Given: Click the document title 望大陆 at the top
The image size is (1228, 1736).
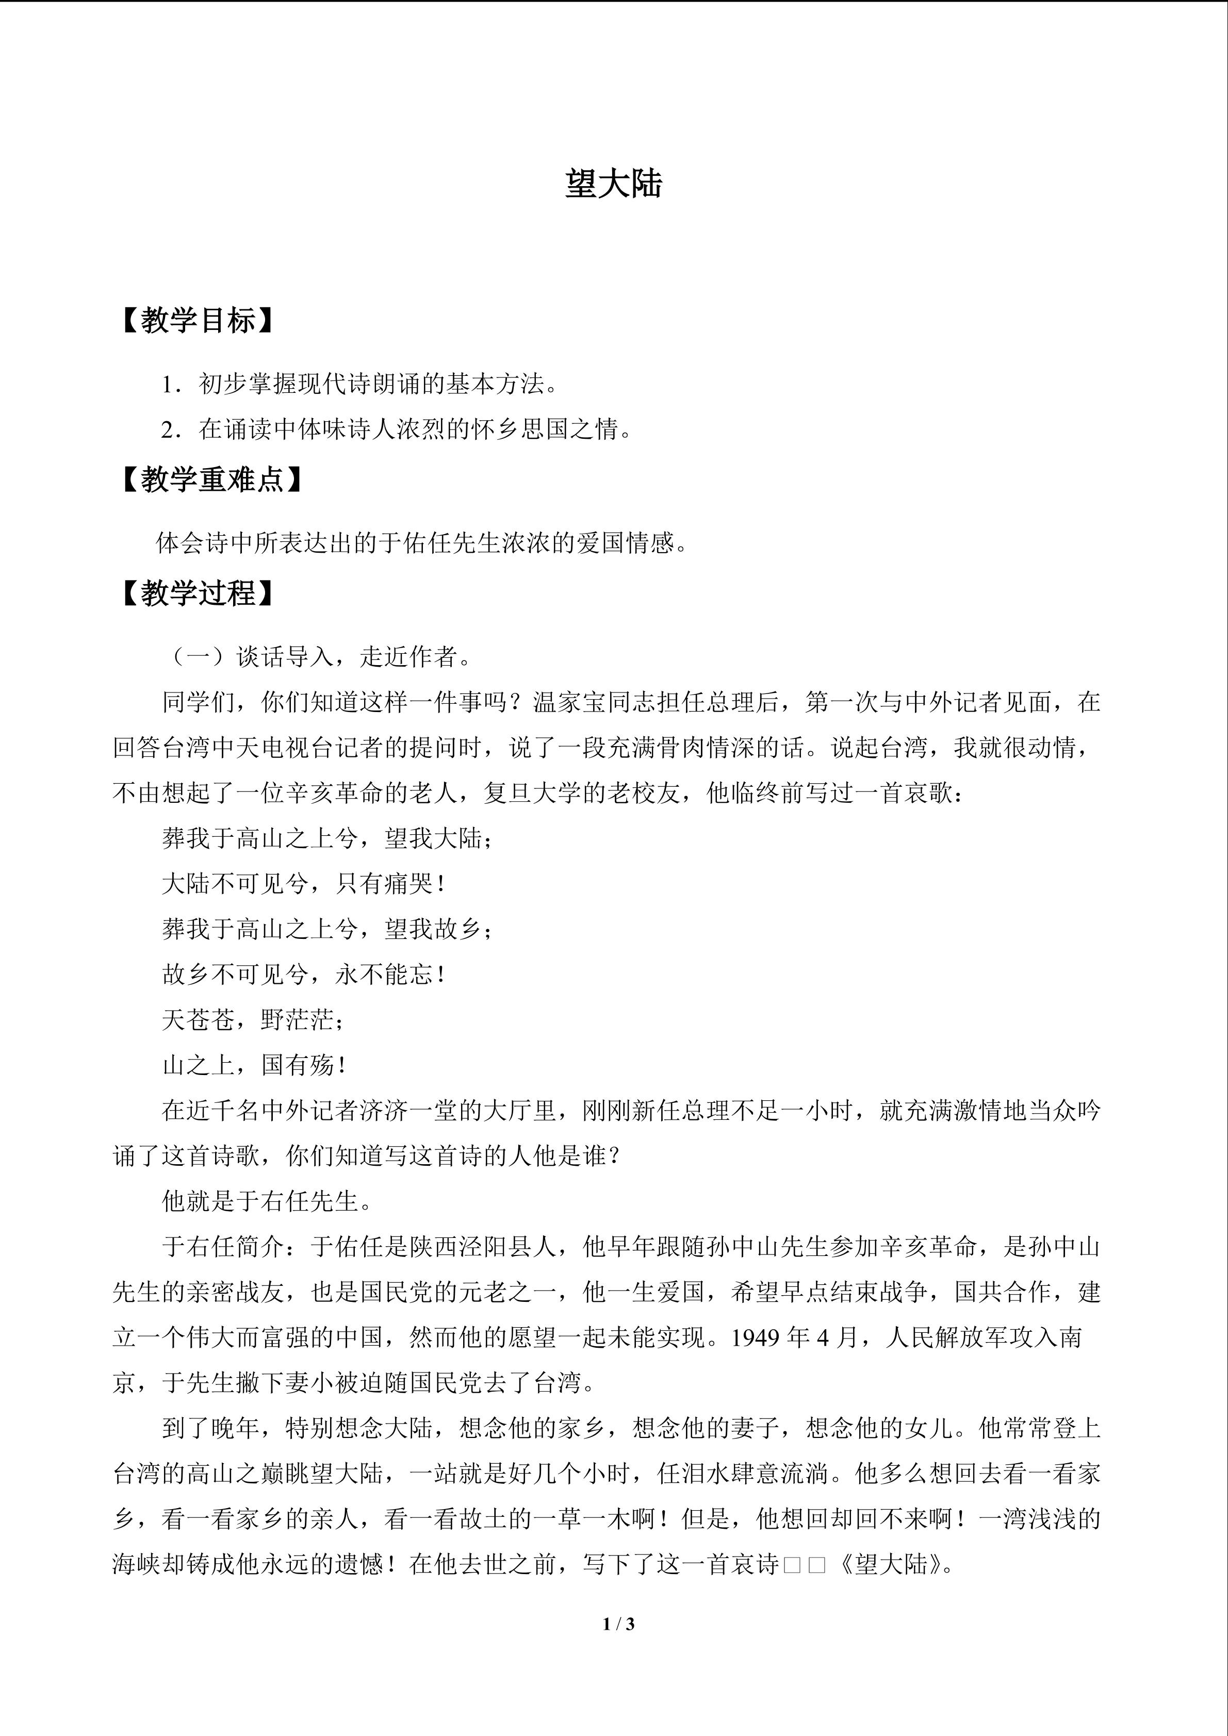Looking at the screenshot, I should pyautogui.click(x=613, y=184).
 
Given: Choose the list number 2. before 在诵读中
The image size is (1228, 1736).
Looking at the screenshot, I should pyautogui.click(x=171, y=430).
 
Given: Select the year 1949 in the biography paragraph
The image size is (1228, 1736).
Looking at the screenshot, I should pyautogui.click(x=755, y=1337).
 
